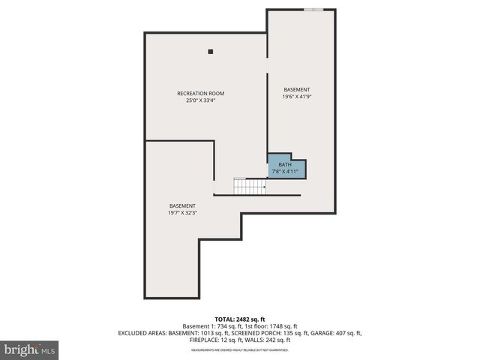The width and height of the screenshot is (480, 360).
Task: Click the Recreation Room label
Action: [200, 93]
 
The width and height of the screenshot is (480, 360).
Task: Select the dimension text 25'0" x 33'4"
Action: [200, 100]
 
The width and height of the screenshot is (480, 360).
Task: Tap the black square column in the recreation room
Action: [211, 52]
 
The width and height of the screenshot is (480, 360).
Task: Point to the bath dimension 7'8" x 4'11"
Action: [285, 172]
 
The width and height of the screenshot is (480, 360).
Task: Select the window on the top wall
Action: [314, 10]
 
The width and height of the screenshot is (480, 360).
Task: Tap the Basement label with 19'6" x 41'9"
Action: [296, 89]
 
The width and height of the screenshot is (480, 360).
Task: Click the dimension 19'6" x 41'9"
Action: [296, 97]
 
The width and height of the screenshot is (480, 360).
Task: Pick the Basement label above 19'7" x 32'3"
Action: [182, 205]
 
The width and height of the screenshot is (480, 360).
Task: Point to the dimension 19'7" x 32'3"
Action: [182, 213]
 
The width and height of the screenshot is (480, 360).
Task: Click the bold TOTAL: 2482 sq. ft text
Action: [239, 319]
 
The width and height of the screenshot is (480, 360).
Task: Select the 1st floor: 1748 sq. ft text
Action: [271, 326]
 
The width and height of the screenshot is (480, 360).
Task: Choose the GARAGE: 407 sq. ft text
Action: [334, 333]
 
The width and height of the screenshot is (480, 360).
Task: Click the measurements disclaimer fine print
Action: [239, 349]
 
